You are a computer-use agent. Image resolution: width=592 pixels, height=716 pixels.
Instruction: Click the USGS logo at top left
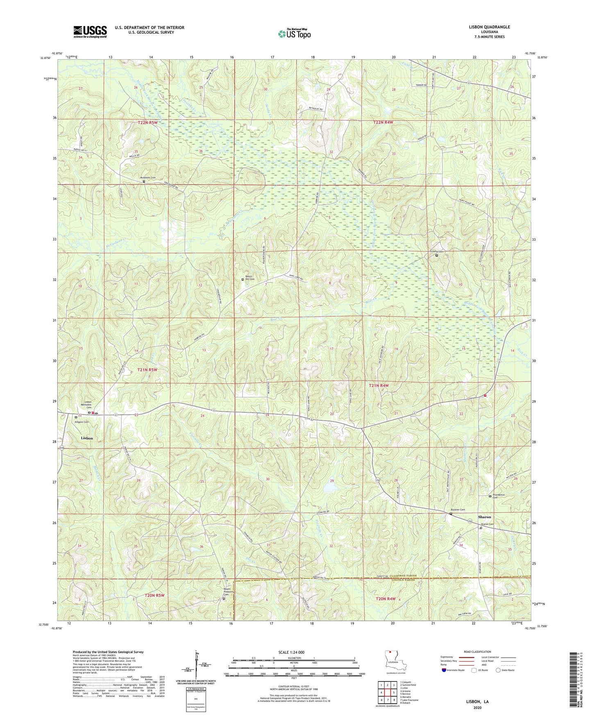coord(90,31)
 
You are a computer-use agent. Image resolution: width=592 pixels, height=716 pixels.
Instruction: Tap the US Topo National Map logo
coord(294,33)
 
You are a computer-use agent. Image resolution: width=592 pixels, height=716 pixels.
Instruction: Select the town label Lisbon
coord(86,438)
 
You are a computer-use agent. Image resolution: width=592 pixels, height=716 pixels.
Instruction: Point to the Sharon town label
coord(484,517)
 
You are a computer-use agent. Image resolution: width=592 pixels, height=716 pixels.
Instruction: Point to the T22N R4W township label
coord(383,122)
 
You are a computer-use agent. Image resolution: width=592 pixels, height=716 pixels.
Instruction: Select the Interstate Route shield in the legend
coord(444,670)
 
